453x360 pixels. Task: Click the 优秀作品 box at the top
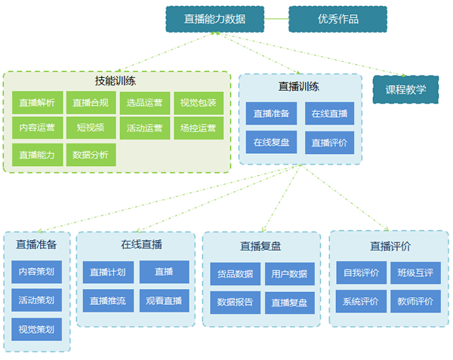337,19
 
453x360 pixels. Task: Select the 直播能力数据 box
214,19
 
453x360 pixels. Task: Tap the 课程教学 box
406,89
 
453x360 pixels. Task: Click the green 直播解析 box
37,103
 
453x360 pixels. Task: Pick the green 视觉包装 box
199,103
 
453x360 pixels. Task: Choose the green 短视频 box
91,128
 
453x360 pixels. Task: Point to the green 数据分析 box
91,155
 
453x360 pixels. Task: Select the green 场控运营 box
199,128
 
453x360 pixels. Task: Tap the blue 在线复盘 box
272,142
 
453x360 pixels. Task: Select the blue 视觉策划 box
37,329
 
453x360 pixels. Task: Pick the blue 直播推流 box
108,300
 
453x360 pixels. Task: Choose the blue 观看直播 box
164,300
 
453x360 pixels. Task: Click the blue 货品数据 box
235,274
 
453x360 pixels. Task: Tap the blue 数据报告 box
235,302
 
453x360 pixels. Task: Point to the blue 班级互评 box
415,272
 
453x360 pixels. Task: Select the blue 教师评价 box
415,301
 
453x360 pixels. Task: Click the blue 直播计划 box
108,272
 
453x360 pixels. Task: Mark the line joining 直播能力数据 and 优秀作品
277,19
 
